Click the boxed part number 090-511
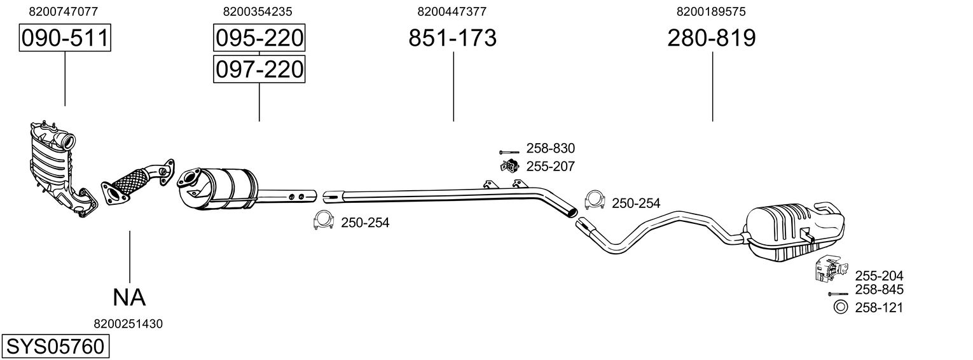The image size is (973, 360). [64, 39]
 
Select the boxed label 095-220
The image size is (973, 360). [259, 39]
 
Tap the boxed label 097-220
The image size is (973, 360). [259, 69]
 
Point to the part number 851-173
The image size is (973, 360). [452, 39]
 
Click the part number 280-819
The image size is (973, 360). [712, 39]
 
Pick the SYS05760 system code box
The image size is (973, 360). [54, 347]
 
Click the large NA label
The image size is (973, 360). [129, 296]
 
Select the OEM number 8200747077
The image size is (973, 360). [64, 11]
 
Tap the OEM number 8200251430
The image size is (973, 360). [128, 324]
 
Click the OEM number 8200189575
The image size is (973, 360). [711, 11]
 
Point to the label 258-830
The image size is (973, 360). [550, 149]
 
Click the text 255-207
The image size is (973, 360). [550, 167]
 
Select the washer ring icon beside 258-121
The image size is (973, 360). [839, 307]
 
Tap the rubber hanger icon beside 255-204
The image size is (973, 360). [827, 270]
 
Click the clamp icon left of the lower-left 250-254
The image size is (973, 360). [324, 221]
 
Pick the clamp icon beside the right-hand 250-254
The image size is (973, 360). [594, 201]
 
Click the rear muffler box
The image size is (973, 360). [795, 230]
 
